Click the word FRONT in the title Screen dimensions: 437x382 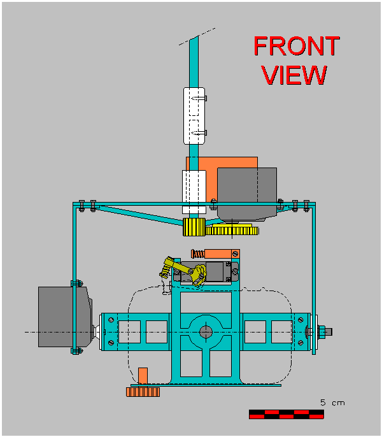coord(296,47)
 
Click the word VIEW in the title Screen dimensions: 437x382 coord(294,75)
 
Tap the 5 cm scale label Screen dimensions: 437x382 coord(332,403)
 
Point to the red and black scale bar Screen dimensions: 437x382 coord(286,414)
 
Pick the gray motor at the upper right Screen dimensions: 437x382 coord(247,193)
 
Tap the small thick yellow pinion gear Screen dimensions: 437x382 coord(192,227)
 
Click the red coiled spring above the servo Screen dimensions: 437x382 coord(198,254)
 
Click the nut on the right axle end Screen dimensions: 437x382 coord(322,331)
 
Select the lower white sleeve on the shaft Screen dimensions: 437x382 coord(193,191)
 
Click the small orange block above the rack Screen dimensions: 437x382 coord(143,375)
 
